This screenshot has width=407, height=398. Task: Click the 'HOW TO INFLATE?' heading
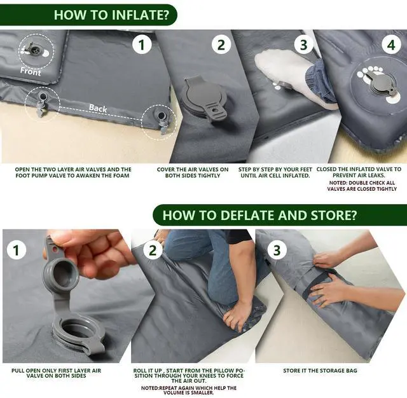point(111,15)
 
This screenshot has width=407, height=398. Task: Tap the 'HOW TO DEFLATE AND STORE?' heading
point(259,216)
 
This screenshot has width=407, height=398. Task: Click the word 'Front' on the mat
point(31,71)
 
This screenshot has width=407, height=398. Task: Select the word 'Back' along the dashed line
point(98,108)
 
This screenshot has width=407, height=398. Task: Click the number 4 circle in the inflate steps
point(391,45)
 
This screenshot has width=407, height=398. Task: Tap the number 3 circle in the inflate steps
point(304,45)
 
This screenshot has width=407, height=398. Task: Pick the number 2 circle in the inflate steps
point(221,45)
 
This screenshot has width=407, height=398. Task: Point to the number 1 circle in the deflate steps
point(17,250)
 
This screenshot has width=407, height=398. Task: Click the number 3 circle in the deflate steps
point(277,250)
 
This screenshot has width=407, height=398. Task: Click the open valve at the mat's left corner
point(42,102)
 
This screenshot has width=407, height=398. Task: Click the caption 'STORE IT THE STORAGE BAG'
point(320,371)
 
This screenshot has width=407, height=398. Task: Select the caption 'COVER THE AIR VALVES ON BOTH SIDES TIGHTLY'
point(193,172)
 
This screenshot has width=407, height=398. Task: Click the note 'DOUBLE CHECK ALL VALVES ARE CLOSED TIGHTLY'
point(362,186)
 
